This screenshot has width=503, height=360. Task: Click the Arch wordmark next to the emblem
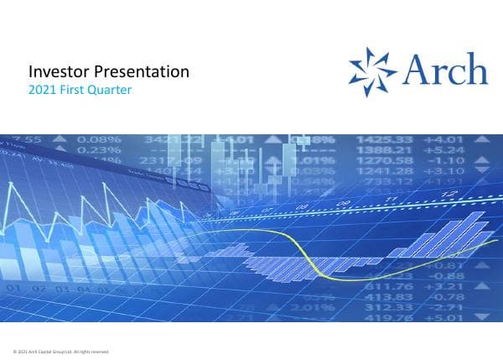click(x=443, y=69)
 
